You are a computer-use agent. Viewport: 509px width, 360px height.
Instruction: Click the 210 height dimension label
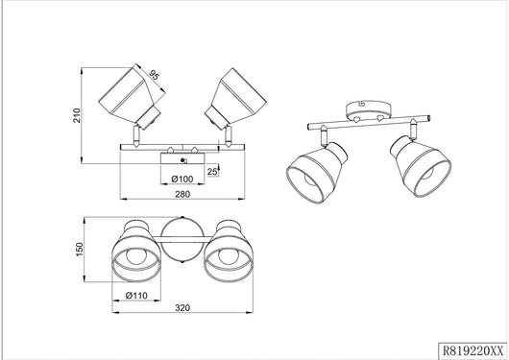coord(77,115)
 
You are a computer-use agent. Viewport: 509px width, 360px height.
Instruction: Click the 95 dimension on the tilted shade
coord(155,75)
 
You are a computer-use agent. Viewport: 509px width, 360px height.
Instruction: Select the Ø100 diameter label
coord(182,179)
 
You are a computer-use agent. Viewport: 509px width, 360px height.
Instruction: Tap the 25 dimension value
coord(212,172)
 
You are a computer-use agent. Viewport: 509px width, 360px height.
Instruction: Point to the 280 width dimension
coord(182,194)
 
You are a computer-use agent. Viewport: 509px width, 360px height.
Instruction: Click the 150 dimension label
coord(80,250)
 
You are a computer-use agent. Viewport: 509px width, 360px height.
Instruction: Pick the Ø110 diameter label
coord(136,296)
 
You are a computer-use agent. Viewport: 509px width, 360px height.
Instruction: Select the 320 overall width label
coord(182,307)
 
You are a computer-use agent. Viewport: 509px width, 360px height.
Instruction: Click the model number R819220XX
coord(473,351)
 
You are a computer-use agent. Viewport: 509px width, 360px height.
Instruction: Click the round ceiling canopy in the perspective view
coord(368,110)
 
